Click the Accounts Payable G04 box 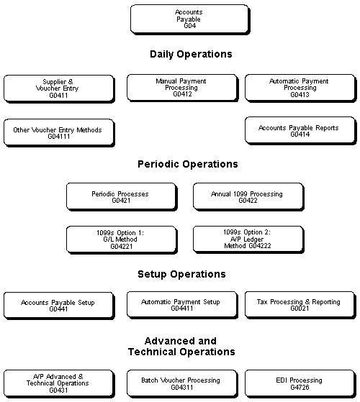pyautogui.click(x=188, y=18)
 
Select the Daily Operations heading pyautogui.click(x=191, y=54)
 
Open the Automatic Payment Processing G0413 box pyautogui.click(x=299, y=88)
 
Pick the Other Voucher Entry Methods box pyautogui.click(x=58, y=132)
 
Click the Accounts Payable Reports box pyautogui.click(x=299, y=130)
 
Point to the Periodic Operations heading pyautogui.click(x=187, y=164)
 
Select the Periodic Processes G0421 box pyautogui.click(x=120, y=196)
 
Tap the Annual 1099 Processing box pyautogui.click(x=247, y=196)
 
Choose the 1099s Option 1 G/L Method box pyautogui.click(x=120, y=239)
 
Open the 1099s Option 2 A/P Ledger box pyautogui.click(x=247, y=239)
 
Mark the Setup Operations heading pyautogui.click(x=181, y=274)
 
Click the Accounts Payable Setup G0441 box pyautogui.click(x=58, y=305)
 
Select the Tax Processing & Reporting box pyautogui.click(x=299, y=304)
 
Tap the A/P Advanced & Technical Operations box pyautogui.click(x=58, y=383)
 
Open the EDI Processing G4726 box pyautogui.click(x=299, y=383)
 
